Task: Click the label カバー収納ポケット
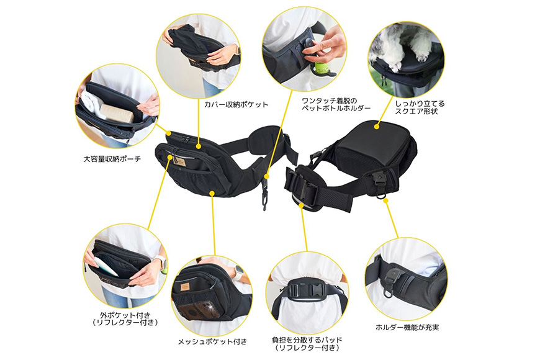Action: pos(236,104)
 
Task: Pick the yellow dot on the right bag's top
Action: pos(376,127)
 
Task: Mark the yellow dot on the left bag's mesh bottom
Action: pos(213,193)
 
